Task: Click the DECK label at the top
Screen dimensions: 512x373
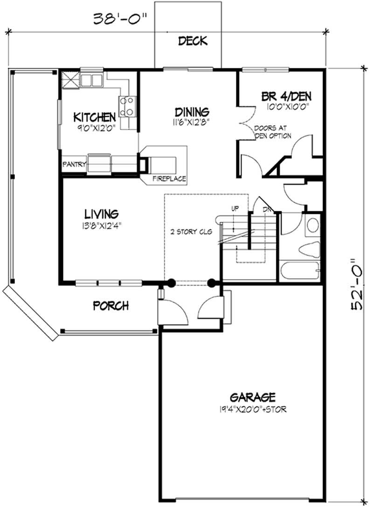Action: (x=193, y=41)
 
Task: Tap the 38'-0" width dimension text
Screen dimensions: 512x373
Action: (x=120, y=19)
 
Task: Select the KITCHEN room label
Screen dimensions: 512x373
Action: (x=95, y=116)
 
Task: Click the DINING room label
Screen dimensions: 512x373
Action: (x=191, y=112)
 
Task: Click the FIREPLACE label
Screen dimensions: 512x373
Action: (x=169, y=179)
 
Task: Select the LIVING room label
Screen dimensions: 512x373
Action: (x=101, y=214)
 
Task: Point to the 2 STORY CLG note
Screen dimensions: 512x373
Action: (x=189, y=231)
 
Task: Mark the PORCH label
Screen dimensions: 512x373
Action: (x=111, y=306)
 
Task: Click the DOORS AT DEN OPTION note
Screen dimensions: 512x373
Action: (x=273, y=132)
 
